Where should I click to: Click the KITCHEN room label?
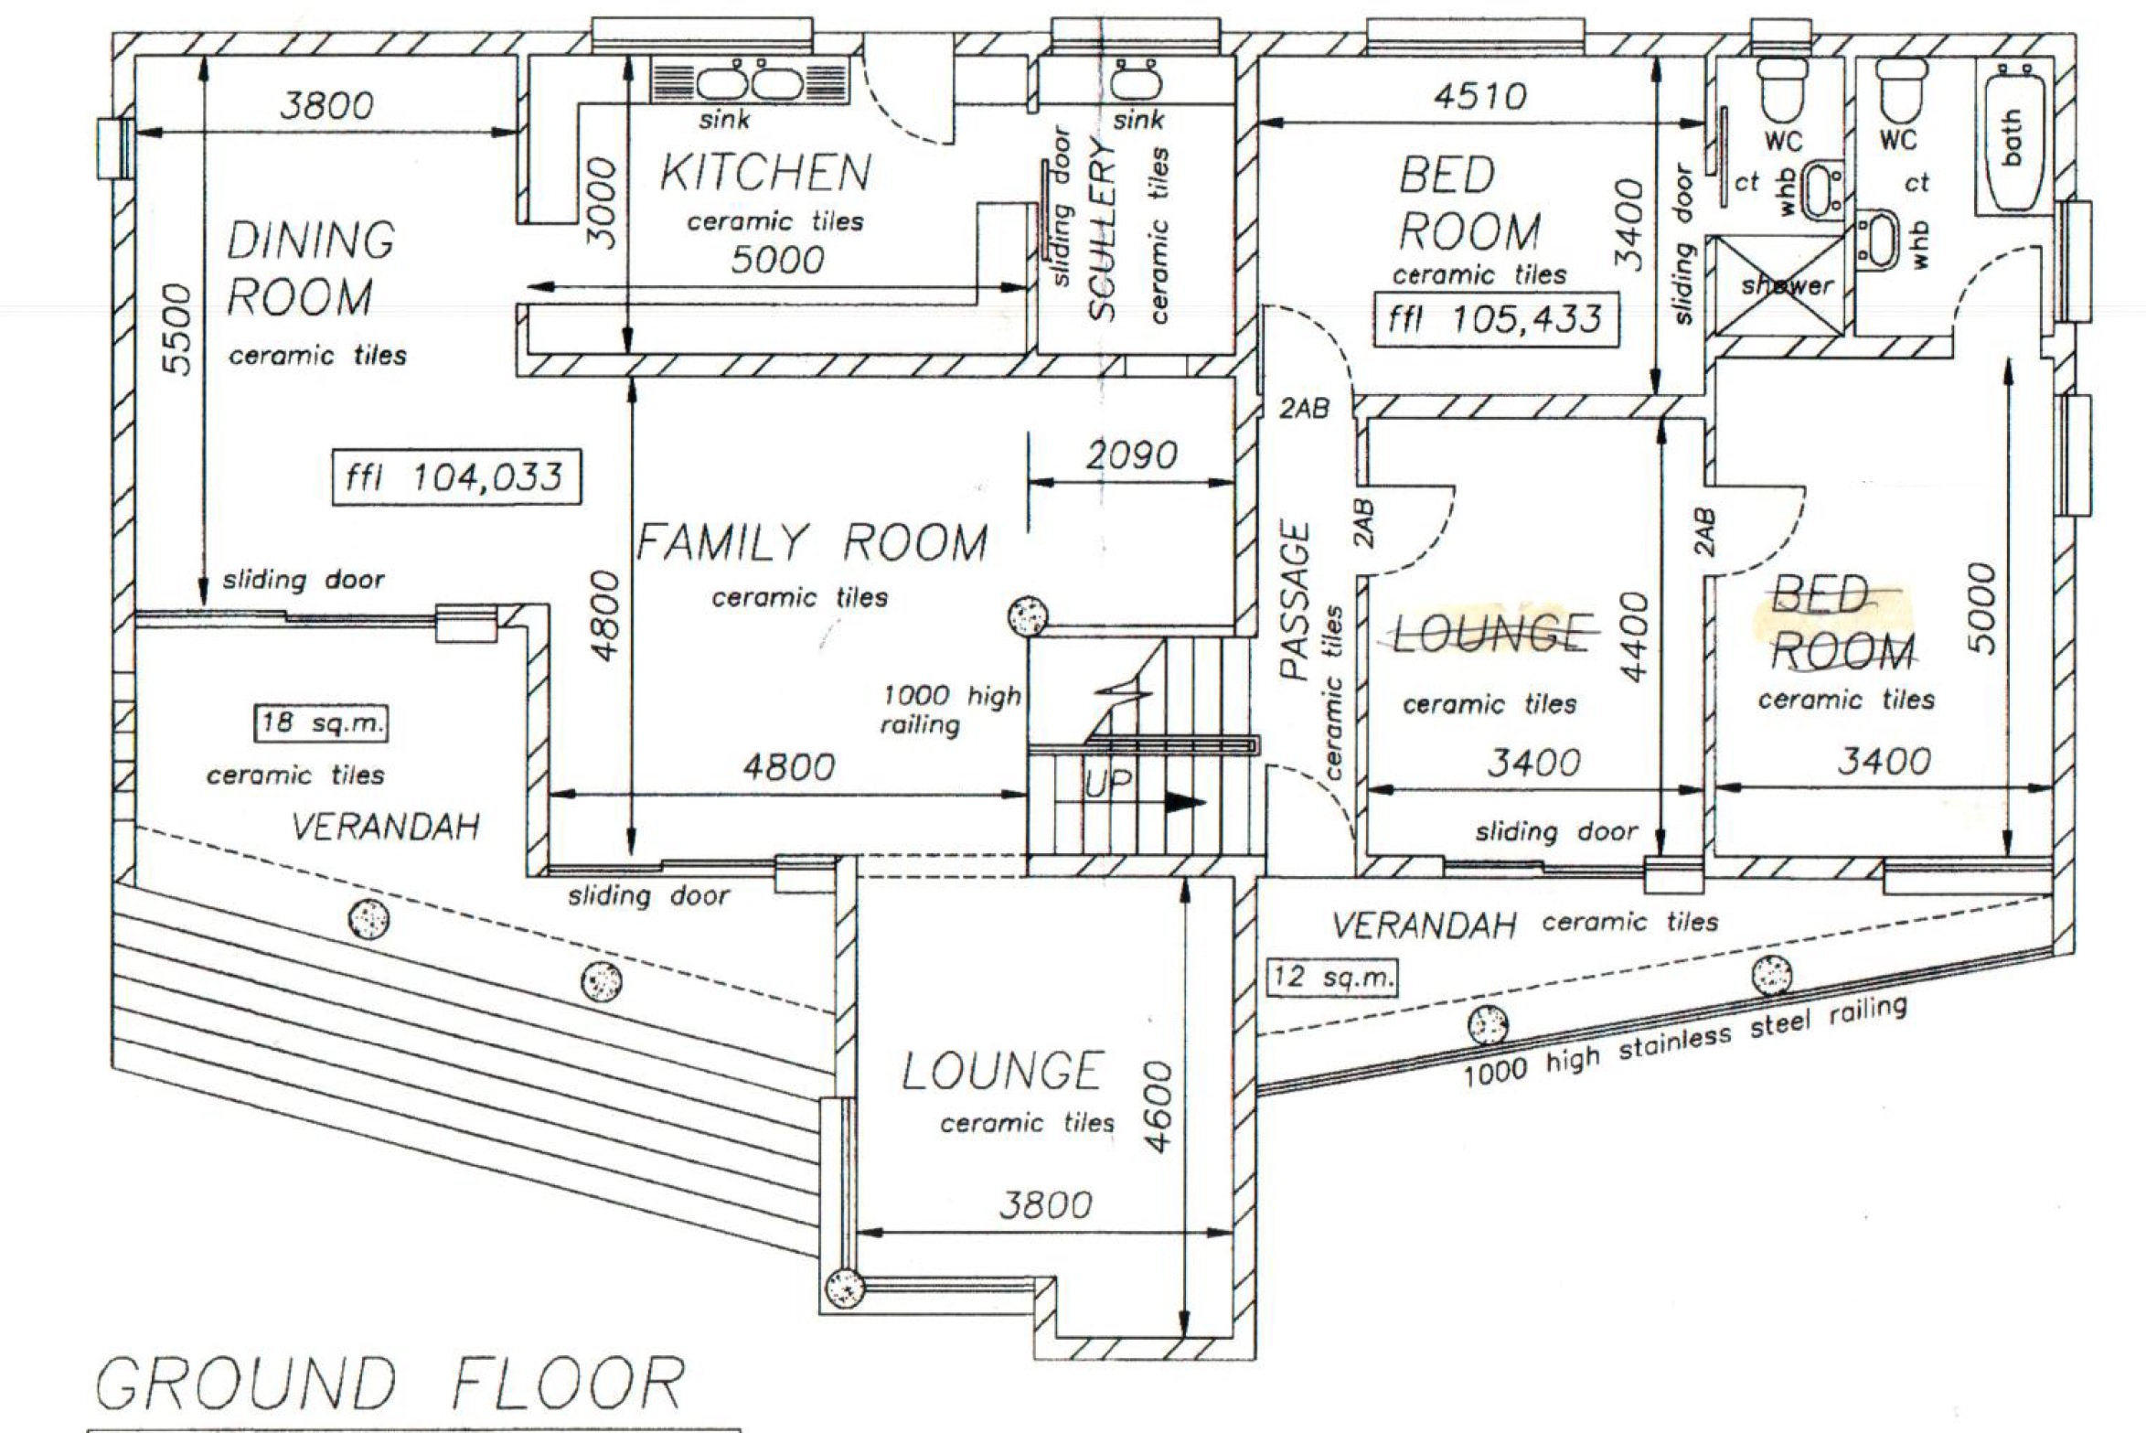coord(765,173)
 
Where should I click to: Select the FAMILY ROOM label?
coord(812,542)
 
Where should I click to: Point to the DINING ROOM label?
coord(310,269)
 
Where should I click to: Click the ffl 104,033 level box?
coord(456,476)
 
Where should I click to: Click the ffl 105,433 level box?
coord(1496,319)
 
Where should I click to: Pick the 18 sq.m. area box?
coord(320,723)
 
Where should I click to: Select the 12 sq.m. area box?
coord(1332,977)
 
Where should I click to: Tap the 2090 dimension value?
coord(1131,454)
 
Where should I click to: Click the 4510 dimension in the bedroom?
coord(1479,95)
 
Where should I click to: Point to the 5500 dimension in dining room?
coord(179,329)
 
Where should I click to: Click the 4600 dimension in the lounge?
coord(1158,1107)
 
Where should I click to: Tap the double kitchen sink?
coord(751,81)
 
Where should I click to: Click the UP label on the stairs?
coord(1108,784)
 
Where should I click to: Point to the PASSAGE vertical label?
coord(1296,601)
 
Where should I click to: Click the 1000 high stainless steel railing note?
coord(1685,1041)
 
